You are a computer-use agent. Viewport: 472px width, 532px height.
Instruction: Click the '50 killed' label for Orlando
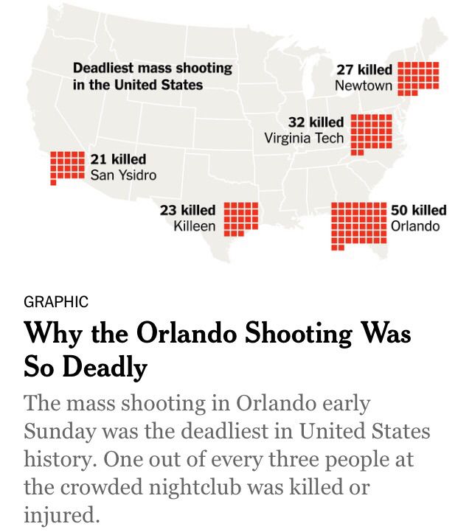[x=418, y=210]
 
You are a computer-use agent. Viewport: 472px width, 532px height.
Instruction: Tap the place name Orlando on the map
[x=415, y=226]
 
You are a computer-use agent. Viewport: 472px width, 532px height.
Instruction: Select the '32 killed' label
[x=316, y=122]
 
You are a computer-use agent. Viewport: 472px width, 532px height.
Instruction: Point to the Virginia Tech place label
[x=304, y=138]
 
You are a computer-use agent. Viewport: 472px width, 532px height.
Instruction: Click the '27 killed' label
[x=364, y=69]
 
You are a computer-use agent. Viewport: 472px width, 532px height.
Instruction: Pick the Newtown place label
[x=364, y=85]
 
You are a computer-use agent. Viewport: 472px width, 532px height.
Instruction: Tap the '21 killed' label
[x=118, y=159]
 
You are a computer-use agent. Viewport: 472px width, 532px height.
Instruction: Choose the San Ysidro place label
[x=123, y=175]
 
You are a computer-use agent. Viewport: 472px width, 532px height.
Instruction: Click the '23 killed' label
[x=188, y=210]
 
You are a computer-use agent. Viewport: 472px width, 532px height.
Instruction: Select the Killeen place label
[x=195, y=226]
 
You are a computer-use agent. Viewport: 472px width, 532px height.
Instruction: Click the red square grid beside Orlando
[x=359, y=226]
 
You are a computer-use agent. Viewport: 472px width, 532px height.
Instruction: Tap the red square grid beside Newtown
[x=418, y=79]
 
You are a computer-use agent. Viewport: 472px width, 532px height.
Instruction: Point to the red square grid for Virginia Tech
[x=371, y=135]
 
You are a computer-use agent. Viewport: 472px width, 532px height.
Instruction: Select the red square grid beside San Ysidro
[x=67, y=168]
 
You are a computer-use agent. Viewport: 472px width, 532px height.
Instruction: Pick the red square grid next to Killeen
[x=240, y=219]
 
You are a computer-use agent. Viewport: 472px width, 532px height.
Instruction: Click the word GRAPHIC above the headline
[x=56, y=301]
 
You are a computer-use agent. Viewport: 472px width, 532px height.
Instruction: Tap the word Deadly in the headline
[x=105, y=367]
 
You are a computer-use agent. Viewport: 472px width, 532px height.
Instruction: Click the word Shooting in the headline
[x=299, y=333]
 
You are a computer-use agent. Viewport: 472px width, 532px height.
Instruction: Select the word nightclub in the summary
[x=195, y=487]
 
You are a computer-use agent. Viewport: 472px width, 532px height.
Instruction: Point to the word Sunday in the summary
[x=60, y=432]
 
